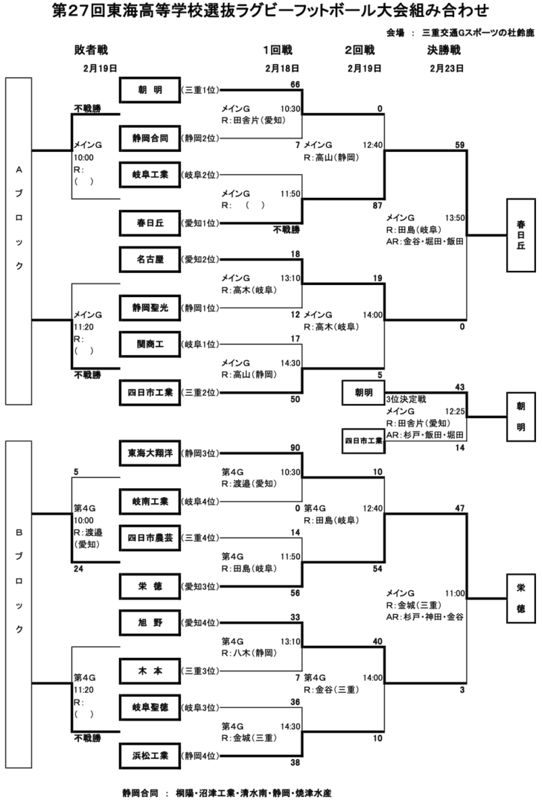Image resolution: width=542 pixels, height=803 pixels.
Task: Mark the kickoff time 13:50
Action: (x=454, y=218)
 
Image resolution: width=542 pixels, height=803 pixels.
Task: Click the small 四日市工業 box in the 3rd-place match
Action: (x=363, y=441)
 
